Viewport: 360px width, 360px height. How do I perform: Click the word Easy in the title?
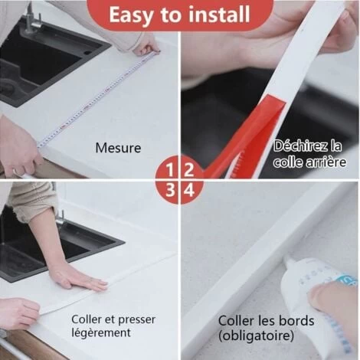point(130,15)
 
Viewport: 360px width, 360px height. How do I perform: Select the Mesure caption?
point(118,148)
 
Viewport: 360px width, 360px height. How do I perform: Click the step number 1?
point(170,170)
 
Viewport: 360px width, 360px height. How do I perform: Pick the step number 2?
point(189,170)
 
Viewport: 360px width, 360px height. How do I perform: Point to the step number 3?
point(170,190)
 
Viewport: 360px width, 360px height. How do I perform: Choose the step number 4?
point(189,190)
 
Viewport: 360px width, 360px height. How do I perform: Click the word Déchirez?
point(301,146)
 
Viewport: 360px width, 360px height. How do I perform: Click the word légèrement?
point(101,333)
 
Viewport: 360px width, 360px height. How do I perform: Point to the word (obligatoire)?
point(256,335)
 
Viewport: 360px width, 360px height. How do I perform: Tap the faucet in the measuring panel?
point(31,20)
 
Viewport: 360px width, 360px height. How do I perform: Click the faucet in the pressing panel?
point(60,217)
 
